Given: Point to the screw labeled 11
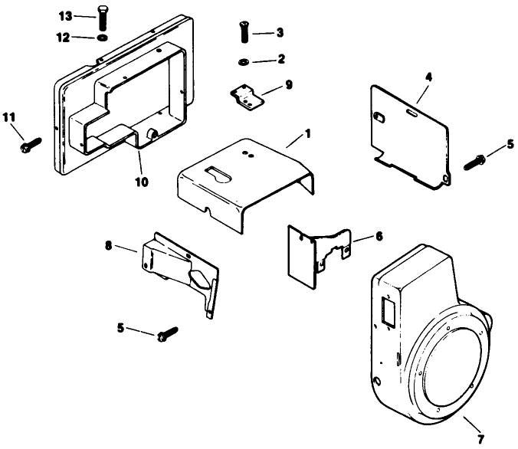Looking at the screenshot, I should point(31,143).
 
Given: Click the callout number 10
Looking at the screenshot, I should point(143,182).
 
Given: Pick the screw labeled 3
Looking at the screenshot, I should point(243,35).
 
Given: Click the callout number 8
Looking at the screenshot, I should point(109,245).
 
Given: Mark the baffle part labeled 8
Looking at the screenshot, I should point(178,267).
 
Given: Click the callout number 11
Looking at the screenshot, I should point(8,116).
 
